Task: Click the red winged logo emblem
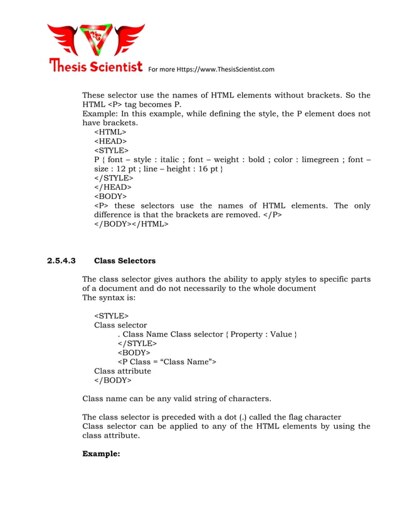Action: tap(96, 41)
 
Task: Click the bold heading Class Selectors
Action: tap(125, 260)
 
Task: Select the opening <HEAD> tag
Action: tap(110, 141)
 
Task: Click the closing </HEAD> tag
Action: tap(112, 187)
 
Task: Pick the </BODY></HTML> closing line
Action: tap(131, 224)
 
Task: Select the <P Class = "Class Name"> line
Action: tap(166, 362)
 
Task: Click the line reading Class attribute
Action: tap(122, 371)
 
